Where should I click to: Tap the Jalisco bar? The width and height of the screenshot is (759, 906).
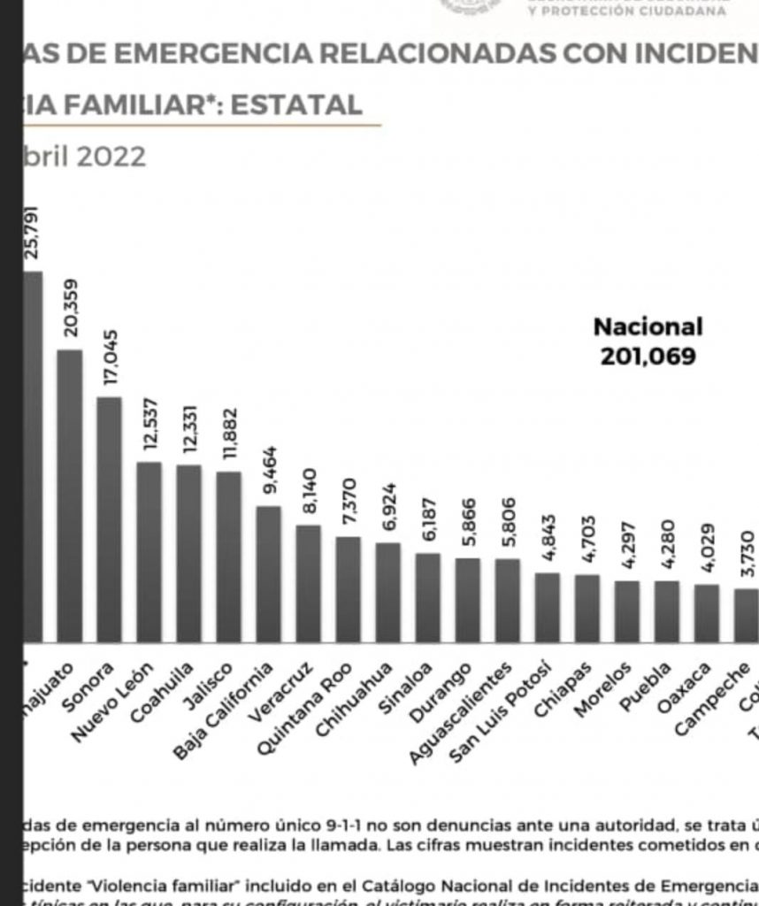(x=228, y=557)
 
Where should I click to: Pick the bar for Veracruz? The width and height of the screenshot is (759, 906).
(x=308, y=583)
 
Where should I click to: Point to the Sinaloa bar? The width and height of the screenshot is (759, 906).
(x=427, y=597)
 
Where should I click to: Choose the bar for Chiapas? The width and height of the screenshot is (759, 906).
(x=586, y=608)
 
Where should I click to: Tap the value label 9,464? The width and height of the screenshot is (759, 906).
(x=270, y=470)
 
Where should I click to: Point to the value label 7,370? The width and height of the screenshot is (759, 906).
(x=349, y=503)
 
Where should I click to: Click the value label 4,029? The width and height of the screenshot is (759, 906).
(x=707, y=552)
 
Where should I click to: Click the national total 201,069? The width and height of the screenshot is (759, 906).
(x=648, y=356)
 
